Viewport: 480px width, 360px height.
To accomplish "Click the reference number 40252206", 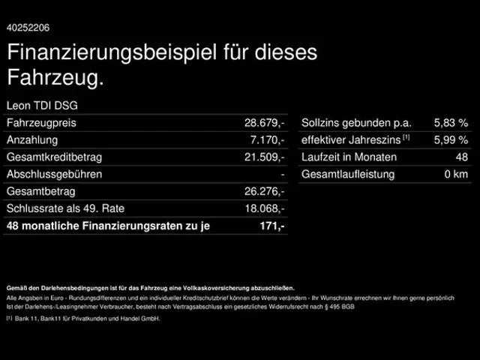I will coord(28,28).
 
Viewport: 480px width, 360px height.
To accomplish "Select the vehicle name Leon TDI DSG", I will coord(42,105).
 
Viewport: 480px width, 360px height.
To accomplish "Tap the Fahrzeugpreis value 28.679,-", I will coord(265,122).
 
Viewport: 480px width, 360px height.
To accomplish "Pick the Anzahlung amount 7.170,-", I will coord(268,139).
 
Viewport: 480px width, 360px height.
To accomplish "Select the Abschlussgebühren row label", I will coord(54,174).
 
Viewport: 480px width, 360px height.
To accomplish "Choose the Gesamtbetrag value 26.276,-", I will coord(265,191).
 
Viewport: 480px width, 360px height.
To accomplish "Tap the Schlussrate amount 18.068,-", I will coord(265,208).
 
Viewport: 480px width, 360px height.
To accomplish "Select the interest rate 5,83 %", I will coord(451,122).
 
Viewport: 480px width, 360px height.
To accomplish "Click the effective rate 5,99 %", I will coord(451,139).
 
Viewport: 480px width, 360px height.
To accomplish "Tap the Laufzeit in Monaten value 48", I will coord(461,157).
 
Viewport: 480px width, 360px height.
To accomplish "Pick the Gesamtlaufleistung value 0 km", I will coord(456,174).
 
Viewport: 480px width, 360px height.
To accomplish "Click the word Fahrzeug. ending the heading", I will coord(55,77).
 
